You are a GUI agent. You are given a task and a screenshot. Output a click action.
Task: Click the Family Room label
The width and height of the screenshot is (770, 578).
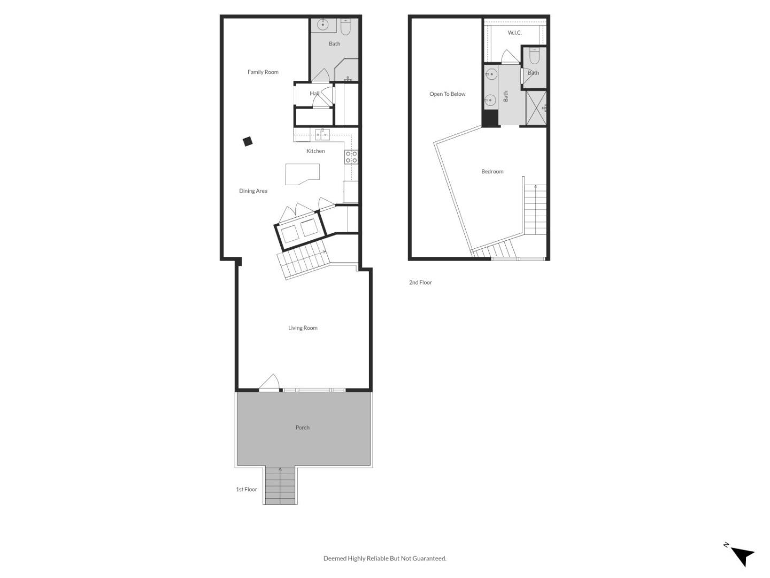pos(263,72)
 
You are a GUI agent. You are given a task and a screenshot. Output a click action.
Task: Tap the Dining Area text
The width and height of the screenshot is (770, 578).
pos(253,191)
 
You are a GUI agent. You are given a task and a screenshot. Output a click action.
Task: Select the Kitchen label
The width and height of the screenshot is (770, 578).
pos(315,151)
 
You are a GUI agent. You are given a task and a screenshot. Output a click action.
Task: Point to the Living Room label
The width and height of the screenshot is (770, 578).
pos(303,328)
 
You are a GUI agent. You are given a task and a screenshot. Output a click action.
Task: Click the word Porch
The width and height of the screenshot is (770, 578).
pos(303,428)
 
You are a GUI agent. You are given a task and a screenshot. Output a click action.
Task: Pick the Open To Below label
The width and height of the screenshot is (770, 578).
pos(447,94)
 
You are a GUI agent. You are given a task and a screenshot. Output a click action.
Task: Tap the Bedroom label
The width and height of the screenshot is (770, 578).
pos(492,172)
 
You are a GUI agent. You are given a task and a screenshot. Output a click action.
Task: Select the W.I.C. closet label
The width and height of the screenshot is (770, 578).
pos(514,33)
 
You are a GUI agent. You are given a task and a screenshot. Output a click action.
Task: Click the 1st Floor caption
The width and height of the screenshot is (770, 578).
pos(247,489)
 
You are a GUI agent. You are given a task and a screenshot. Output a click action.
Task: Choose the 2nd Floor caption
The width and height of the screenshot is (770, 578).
pos(420,282)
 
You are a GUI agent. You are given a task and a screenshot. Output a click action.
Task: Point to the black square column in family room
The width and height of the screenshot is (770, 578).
pos(248,141)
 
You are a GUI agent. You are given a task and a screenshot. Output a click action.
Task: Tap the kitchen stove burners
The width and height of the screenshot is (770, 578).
pos(351,157)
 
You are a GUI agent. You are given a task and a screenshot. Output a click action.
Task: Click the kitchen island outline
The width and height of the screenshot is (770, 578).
pos(302,174)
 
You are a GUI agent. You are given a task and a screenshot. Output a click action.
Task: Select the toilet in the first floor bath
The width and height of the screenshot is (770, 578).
pos(345,27)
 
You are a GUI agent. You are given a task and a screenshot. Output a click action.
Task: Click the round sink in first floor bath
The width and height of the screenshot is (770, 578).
pos(323,25)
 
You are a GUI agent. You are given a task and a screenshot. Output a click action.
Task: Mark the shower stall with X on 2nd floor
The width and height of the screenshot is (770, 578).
pos(536,108)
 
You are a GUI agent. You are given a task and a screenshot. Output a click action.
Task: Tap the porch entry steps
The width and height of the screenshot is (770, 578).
pos(280,486)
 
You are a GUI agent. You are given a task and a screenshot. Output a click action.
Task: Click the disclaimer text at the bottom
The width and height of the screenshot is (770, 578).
pos(385,558)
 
